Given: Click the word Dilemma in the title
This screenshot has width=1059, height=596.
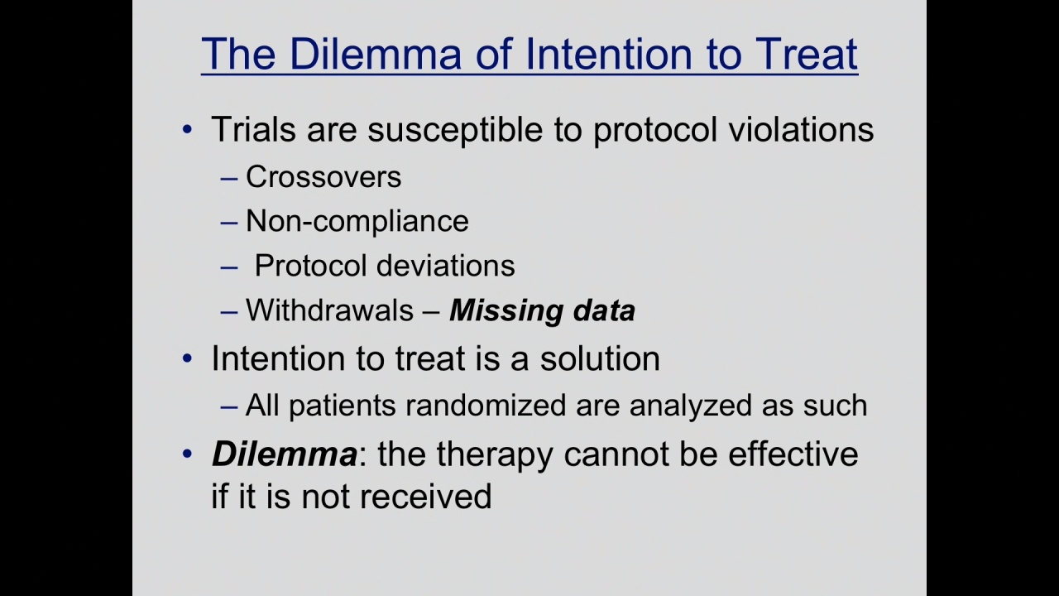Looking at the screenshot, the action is click(x=375, y=54).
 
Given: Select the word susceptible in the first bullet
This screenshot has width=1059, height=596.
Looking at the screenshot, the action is click(x=455, y=131).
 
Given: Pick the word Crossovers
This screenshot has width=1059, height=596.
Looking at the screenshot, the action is click(x=323, y=177).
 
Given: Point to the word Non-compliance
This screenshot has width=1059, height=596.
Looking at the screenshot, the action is click(x=357, y=221).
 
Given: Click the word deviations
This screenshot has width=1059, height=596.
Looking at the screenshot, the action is click(x=445, y=266).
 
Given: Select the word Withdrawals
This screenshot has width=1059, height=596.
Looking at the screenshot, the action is click(x=329, y=310).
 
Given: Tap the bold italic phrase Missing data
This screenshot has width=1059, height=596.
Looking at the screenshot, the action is click(x=542, y=311).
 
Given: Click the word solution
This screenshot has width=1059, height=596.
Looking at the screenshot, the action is click(x=600, y=358).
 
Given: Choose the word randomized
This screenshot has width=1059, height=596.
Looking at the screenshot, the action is click(x=486, y=406).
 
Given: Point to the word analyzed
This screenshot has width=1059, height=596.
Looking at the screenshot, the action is click(x=690, y=406).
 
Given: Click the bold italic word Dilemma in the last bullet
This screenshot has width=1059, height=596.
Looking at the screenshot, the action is click(x=284, y=454).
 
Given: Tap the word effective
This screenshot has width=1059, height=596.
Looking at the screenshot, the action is click(x=793, y=454).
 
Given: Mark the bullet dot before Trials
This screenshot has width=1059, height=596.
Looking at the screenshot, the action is click(x=187, y=129).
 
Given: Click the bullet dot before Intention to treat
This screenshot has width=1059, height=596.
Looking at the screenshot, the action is click(x=187, y=358).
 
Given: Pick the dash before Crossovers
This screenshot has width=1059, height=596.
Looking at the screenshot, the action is click(x=229, y=179).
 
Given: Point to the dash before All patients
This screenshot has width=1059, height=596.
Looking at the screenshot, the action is click(x=229, y=407).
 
